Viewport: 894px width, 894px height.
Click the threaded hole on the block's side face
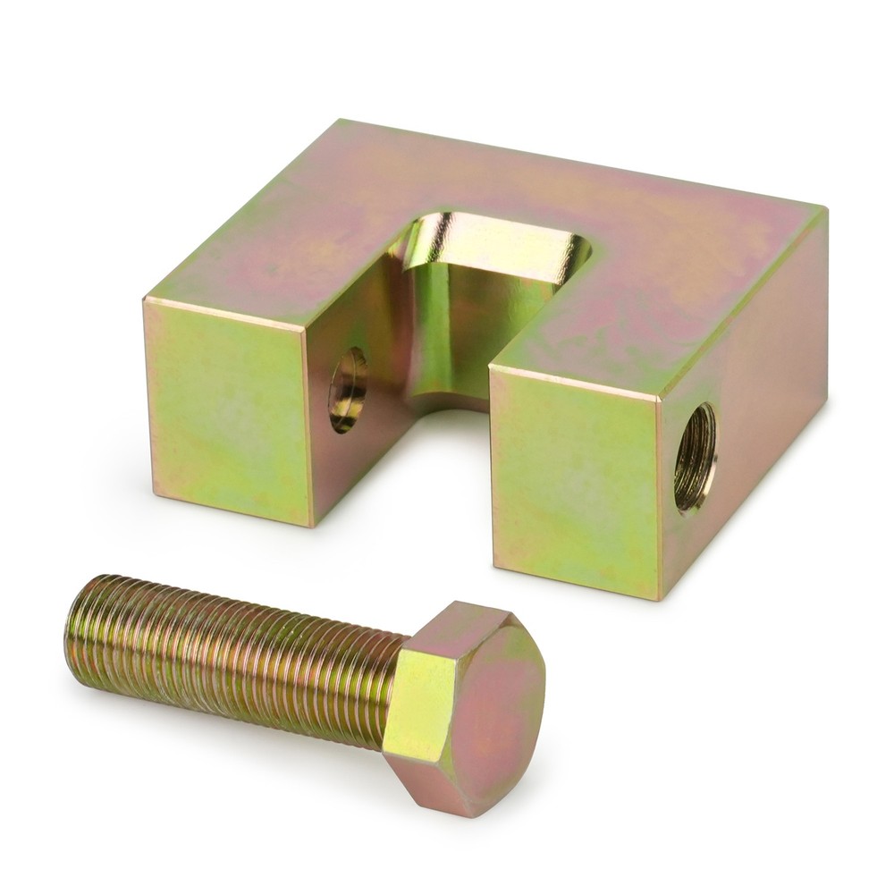click(x=695, y=456)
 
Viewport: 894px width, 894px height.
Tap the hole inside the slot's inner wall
click(x=348, y=390)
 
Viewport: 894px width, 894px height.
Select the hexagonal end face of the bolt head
click(x=483, y=706)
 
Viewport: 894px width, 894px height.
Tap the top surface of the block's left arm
click(x=268, y=268)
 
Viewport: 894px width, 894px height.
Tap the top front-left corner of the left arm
click(x=146, y=299)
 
